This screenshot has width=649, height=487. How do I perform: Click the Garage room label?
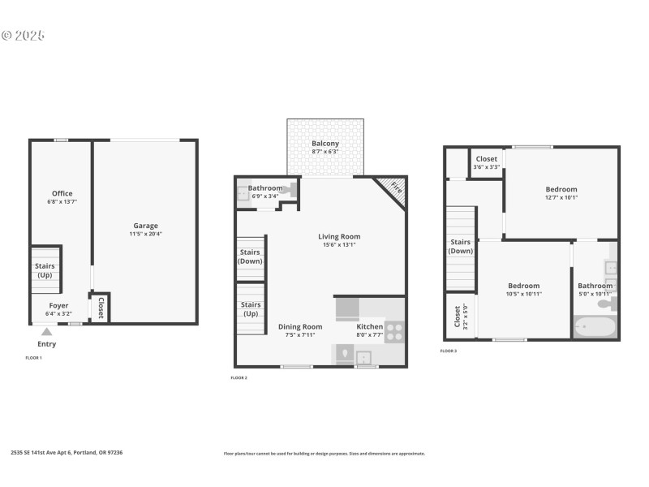(146, 226)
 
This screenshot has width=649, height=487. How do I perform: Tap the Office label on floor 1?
(62, 193)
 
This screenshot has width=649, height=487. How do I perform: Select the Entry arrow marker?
(47, 331)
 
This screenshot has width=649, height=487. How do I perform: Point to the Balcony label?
(325, 144)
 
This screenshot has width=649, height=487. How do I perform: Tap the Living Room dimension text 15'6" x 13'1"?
(339, 244)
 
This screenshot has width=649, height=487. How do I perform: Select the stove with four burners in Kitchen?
(394, 331)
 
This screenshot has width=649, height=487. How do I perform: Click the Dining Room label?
(300, 326)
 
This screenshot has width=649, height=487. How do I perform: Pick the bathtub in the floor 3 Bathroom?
(595, 328)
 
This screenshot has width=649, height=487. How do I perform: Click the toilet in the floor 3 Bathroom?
(608, 304)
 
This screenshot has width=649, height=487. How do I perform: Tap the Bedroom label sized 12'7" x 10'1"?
(561, 189)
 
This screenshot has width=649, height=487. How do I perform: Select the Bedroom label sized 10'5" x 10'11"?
(524, 286)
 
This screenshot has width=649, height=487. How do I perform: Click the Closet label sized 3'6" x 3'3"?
(487, 159)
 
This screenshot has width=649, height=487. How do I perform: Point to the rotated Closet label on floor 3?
(458, 315)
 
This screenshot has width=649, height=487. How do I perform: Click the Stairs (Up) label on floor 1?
(45, 269)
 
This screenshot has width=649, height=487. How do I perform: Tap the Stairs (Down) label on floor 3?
(460, 246)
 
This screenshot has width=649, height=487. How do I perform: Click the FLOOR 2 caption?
(239, 377)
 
